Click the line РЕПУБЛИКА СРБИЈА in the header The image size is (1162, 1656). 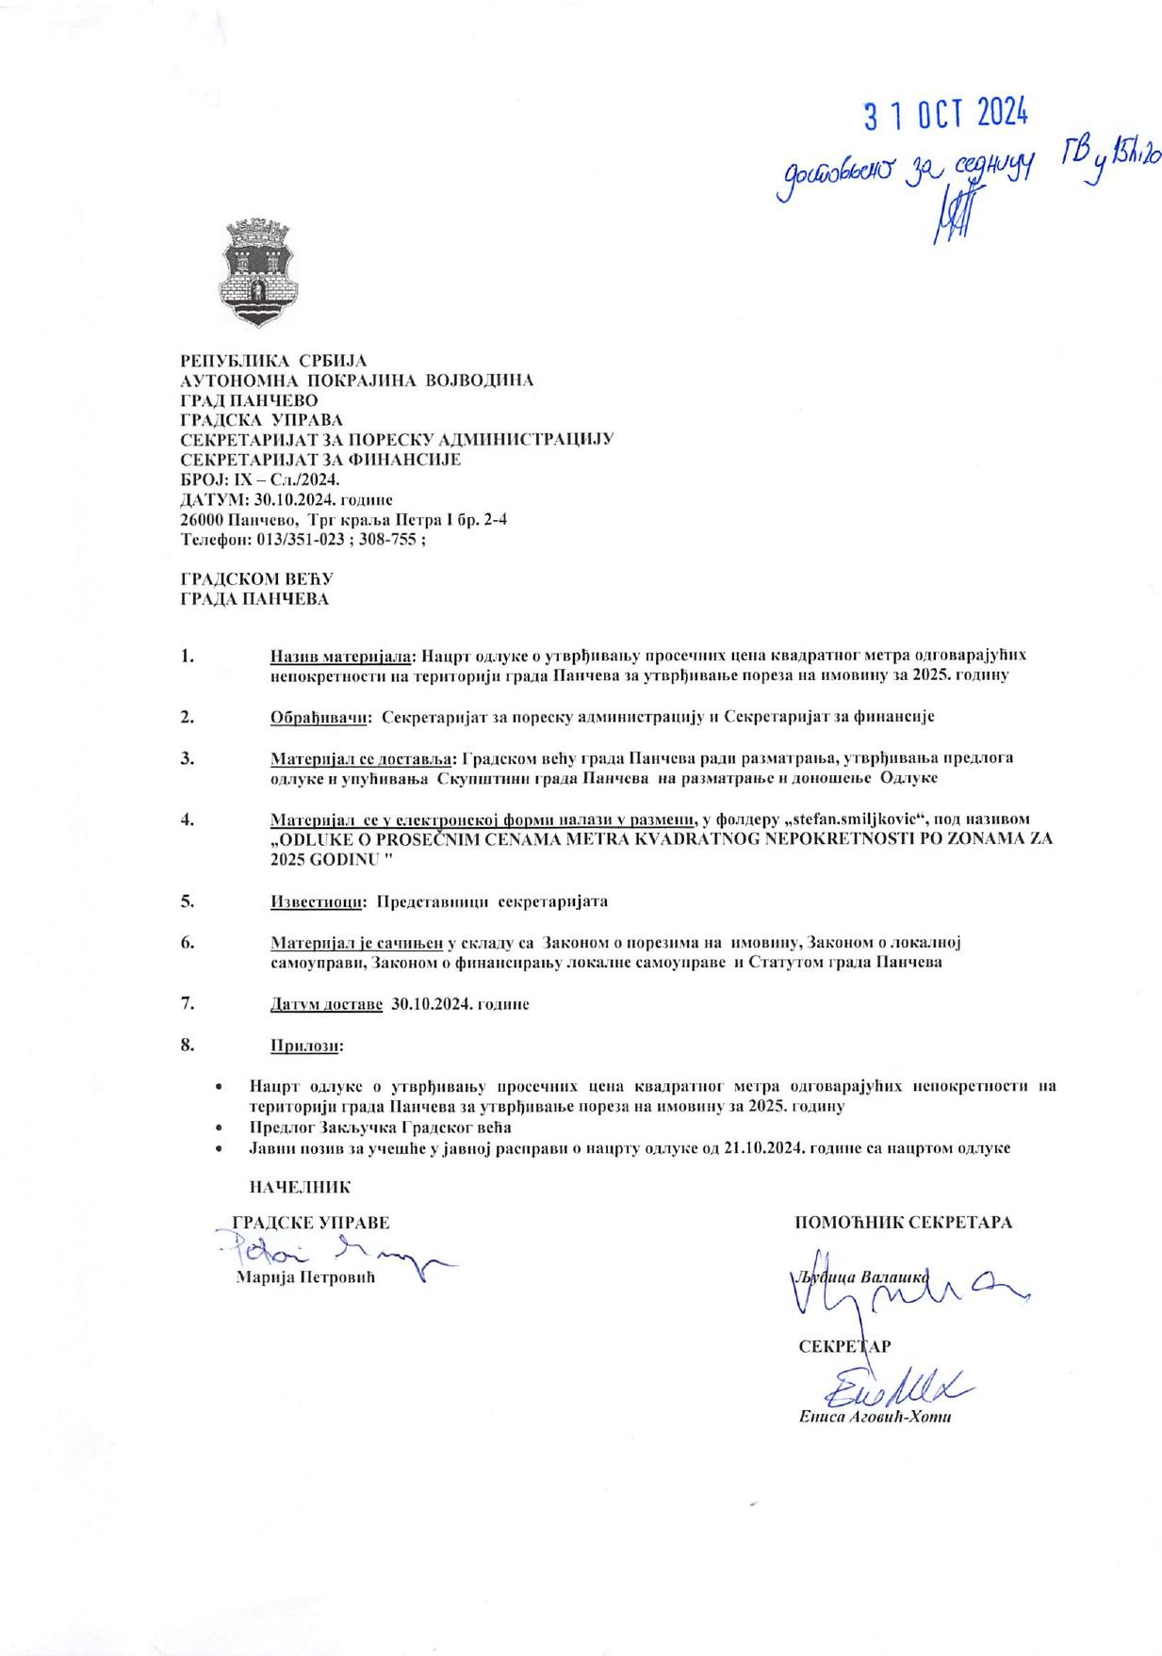(273, 360)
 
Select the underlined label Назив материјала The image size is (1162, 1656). (342, 655)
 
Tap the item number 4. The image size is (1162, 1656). (187, 819)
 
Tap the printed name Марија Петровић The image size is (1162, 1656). (305, 1278)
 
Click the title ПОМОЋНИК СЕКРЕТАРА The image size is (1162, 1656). (903, 1223)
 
